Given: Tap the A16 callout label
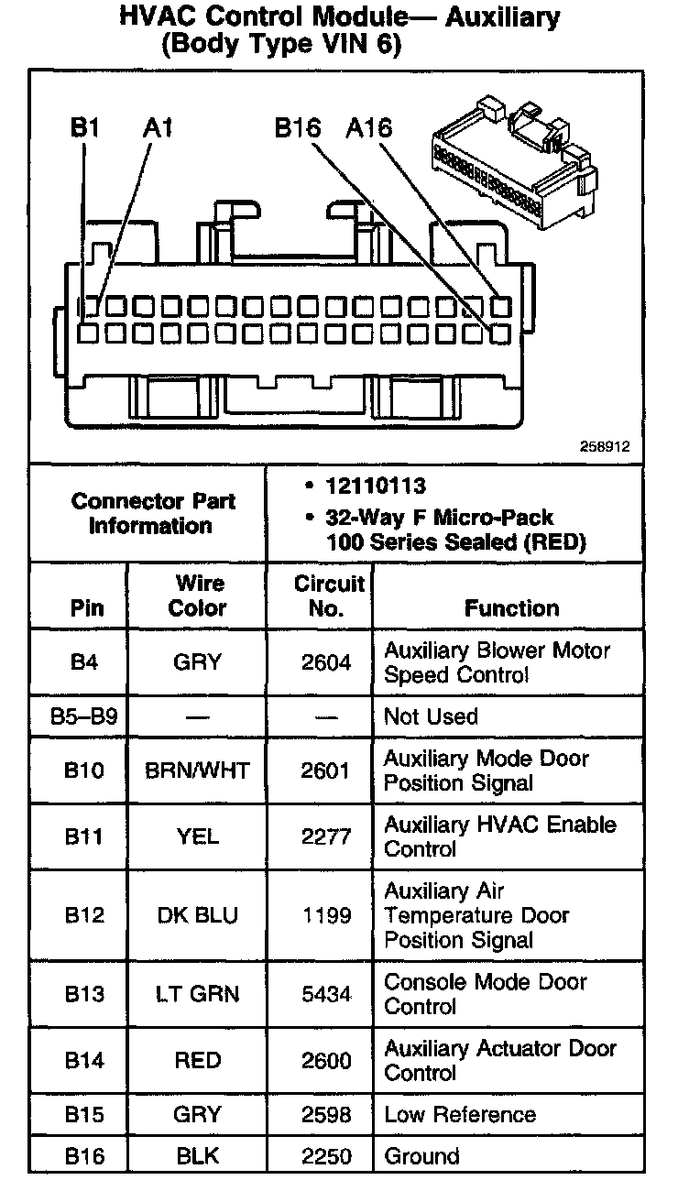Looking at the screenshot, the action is [x=369, y=127].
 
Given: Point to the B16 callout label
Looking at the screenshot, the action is [x=297, y=127].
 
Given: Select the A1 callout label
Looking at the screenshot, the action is [x=158, y=127].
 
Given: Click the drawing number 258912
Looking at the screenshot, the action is [x=605, y=447].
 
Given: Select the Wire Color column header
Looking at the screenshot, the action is [x=197, y=596].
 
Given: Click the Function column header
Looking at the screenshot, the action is [x=511, y=608].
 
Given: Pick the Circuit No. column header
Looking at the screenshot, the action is [x=329, y=596].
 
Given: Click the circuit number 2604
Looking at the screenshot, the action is [x=326, y=662].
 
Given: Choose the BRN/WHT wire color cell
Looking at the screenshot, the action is [x=197, y=770].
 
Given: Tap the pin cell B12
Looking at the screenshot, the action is [x=83, y=915].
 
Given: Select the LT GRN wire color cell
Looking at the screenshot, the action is [x=197, y=994].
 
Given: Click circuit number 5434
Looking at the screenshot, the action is [x=326, y=994].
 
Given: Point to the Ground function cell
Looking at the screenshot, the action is [x=421, y=1156].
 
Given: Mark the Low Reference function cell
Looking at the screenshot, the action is [x=460, y=1115].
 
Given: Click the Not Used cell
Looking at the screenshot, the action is [x=431, y=716].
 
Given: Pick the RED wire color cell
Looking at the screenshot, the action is [x=197, y=1061].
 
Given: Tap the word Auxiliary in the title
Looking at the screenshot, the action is [x=502, y=16].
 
